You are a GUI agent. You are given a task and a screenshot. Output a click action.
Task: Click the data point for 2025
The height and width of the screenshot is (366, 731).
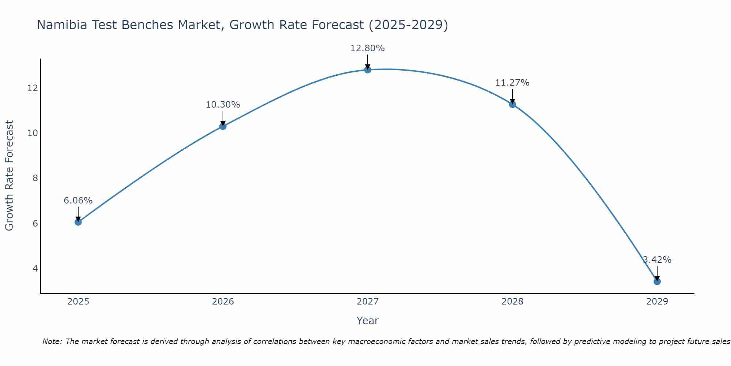78,222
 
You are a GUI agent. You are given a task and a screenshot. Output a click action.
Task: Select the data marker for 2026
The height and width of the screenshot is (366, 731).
223,126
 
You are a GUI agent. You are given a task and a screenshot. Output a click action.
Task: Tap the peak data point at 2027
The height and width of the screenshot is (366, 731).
367,70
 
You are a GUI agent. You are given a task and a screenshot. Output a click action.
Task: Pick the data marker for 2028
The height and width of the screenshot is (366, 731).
512,104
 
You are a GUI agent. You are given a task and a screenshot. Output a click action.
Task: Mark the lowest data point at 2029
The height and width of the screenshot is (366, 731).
657,281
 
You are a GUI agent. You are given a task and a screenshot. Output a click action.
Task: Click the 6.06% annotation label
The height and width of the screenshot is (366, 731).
78,201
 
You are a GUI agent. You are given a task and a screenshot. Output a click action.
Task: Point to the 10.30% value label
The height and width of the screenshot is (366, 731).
223,105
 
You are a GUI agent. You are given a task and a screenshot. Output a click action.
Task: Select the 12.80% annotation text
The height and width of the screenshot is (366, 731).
367,48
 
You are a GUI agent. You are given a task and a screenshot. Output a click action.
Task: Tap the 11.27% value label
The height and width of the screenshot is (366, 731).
512,83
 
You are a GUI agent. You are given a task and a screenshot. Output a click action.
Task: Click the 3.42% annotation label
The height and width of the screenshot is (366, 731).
657,260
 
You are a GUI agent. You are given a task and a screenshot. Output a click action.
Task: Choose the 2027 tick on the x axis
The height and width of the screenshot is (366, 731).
367,302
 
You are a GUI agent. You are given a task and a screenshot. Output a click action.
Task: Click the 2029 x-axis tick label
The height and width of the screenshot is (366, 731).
657,302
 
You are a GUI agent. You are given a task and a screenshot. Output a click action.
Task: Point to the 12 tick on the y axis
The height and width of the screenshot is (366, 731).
33,88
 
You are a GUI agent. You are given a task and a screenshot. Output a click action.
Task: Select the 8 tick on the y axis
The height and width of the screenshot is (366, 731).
35,178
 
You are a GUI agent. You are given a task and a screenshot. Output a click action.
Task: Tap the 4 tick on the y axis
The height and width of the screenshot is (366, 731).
35,268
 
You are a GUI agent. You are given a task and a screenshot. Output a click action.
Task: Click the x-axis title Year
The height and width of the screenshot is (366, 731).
367,321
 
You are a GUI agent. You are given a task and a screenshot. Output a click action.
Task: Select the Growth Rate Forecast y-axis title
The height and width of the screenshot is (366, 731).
9,175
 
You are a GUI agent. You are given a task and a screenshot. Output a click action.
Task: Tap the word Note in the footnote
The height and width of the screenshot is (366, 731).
52,341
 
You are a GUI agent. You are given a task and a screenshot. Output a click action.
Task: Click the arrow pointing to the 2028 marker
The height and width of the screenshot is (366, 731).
512,96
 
